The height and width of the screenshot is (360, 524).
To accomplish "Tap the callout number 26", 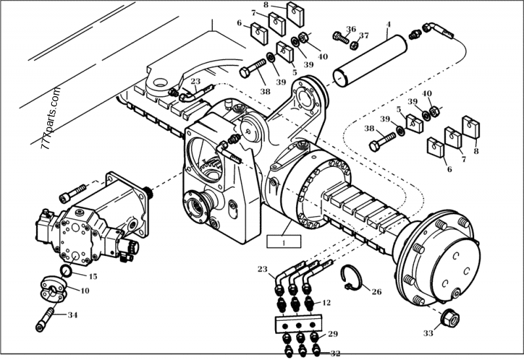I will coord(376,292).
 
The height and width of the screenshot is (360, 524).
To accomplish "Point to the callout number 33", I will coord(428,333).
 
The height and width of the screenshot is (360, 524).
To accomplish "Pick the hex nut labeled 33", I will coord(451,319).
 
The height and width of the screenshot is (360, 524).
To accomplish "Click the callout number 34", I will coord(72,315).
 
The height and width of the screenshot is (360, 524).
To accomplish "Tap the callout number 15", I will coord(92,277).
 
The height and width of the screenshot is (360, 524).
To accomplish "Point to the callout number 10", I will coord(85,290).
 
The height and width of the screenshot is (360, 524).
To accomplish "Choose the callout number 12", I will coord(327,302).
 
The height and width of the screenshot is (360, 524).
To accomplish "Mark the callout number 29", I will coord(333,334).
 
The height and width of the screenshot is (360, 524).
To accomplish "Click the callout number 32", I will coord(335,353).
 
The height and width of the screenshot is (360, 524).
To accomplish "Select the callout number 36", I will coord(351,29).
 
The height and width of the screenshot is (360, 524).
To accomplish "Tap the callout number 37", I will coord(364,35).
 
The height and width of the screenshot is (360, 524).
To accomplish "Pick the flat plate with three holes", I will coord(299,323).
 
